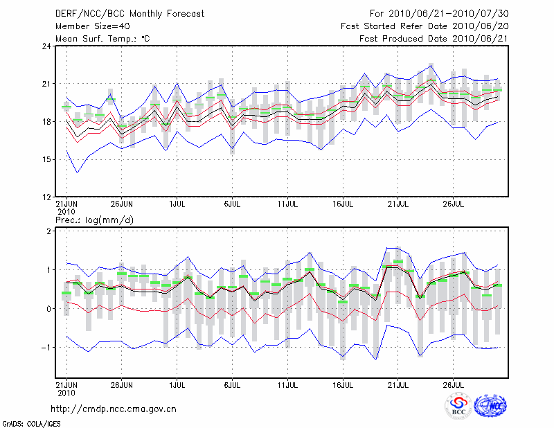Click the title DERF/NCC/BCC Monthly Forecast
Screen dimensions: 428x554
coord(129,13)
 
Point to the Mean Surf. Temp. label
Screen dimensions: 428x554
coord(102,38)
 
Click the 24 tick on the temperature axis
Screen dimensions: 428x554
coord(46,46)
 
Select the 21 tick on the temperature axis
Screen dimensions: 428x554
coord(46,84)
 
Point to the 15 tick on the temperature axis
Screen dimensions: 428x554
coord(46,159)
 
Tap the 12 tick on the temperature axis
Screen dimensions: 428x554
coord(46,197)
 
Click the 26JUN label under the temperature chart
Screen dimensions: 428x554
coord(122,204)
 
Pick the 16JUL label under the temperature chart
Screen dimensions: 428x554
coord(343,204)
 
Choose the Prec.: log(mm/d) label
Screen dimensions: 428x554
coord(95,220)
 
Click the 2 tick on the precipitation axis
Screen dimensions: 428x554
coord(49,231)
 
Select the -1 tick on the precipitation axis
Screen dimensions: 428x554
coord(46,348)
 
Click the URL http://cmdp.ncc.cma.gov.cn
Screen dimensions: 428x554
coord(114,409)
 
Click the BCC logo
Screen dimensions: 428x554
coord(458,408)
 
